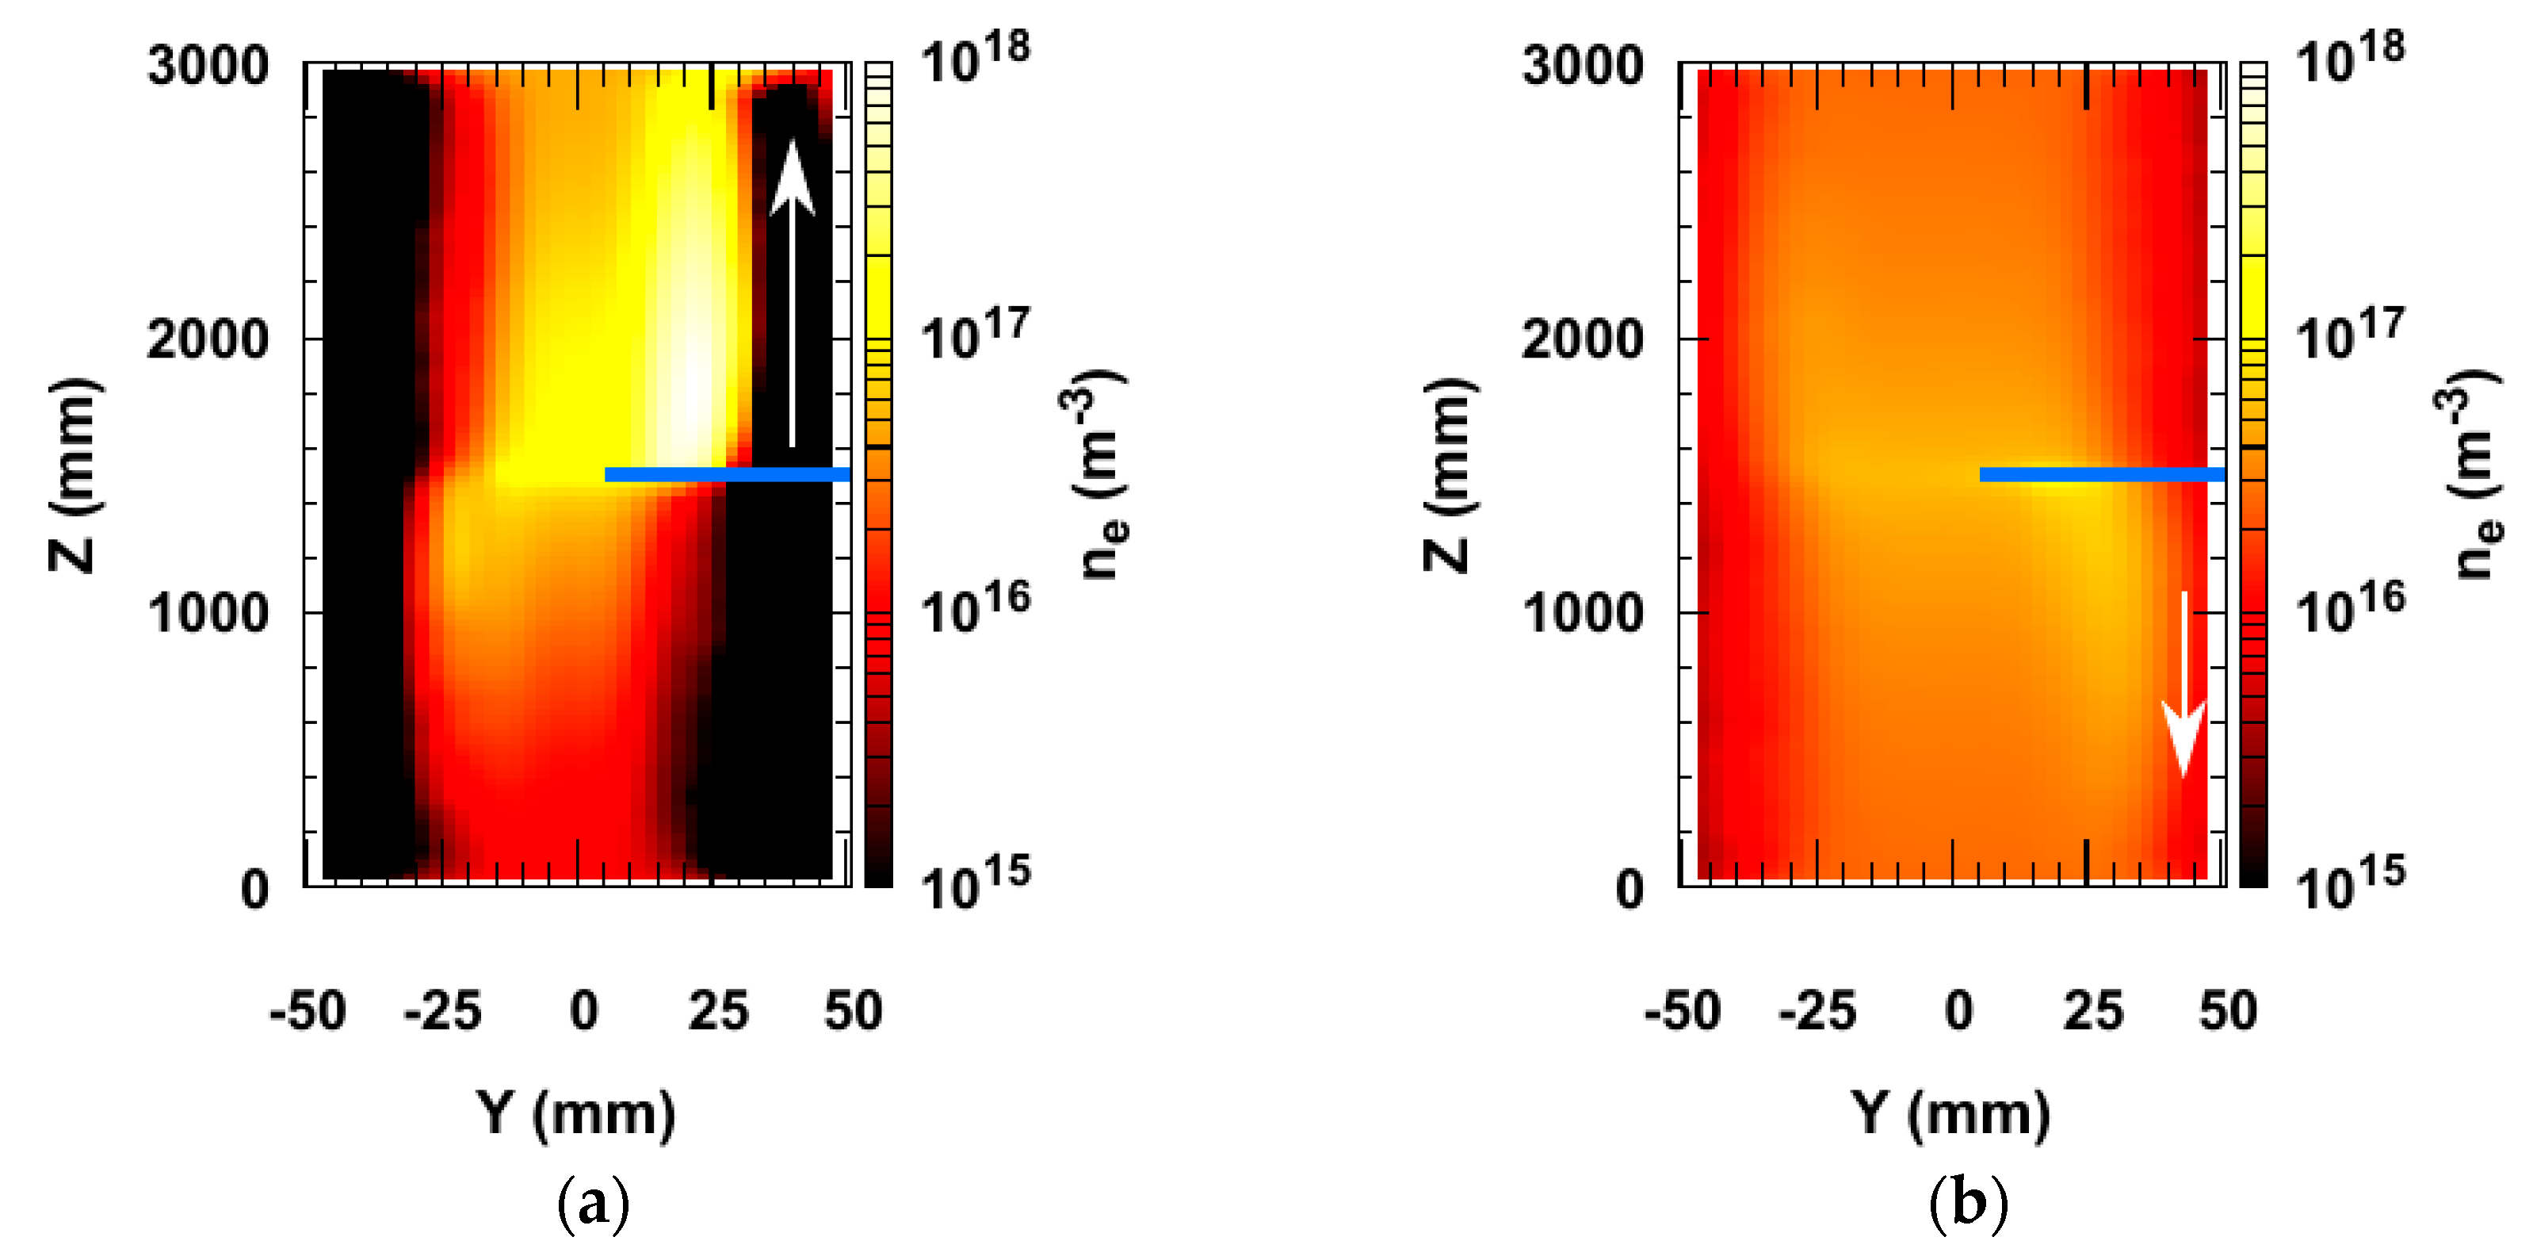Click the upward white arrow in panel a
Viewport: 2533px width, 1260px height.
(x=793, y=295)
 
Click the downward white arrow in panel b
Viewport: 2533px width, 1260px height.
(x=2183, y=688)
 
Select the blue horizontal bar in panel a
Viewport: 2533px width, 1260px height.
(x=727, y=474)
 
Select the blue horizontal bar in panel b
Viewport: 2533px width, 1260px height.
(x=2101, y=474)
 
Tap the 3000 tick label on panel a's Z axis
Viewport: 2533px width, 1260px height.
(x=208, y=66)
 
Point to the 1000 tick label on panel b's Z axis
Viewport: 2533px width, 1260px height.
(x=1582, y=613)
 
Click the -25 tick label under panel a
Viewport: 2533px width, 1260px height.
(x=442, y=1011)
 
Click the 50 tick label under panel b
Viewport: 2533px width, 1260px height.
(x=2228, y=1011)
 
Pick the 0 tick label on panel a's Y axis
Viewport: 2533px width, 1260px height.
(x=583, y=1011)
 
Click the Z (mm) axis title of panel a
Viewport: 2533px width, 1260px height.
(x=74, y=474)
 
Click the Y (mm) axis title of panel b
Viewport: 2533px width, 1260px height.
(x=1951, y=1114)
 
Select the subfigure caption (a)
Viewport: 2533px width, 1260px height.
(x=593, y=1203)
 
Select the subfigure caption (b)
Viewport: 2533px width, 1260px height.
(x=1968, y=1203)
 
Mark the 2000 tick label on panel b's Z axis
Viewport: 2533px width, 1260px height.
(x=1582, y=339)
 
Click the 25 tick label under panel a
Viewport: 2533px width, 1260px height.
(x=718, y=1011)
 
